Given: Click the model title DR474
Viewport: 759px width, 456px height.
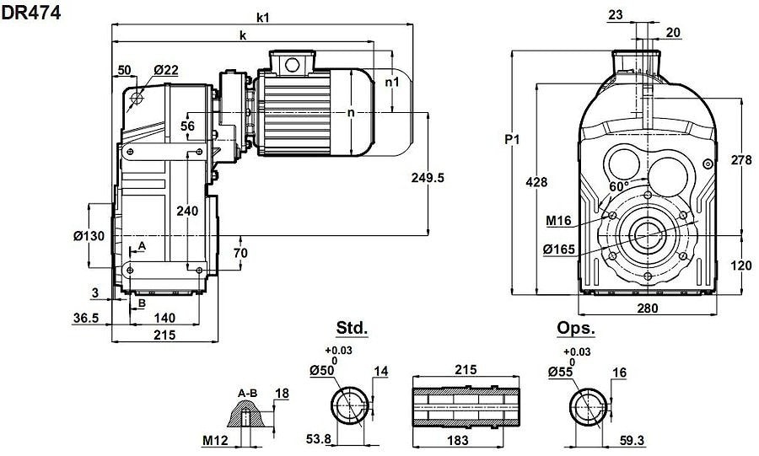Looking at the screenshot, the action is pos(31,13).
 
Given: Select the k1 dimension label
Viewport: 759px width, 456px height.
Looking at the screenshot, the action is pos(263,18).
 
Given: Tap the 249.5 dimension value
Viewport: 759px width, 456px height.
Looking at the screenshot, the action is pos(428,178).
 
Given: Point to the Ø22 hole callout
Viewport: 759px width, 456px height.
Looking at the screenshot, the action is pos(166,70).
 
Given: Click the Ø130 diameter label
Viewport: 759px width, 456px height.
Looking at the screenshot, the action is pos(89,236).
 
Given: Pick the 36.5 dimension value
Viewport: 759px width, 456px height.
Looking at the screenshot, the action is pos(86,318).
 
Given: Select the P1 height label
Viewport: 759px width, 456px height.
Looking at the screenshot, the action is pos(512,140).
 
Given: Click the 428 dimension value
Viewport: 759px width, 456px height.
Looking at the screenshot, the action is pos(537,182).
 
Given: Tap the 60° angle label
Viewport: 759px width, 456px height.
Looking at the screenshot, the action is pos(619,186).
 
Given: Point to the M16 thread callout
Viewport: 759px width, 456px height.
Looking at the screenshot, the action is pos(558,221).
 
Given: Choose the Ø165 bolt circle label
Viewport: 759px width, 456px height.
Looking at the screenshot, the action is pos(559,249).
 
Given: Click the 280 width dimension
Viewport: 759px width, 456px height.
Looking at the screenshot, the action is pos(648,308).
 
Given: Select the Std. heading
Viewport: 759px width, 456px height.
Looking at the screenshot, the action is pos(352,328).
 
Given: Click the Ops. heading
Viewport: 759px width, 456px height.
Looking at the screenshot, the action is pos(575,328).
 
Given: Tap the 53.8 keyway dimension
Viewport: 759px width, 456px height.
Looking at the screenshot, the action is pos(319,439).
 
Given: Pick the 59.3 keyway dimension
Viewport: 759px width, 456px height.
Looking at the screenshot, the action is pos(632,441).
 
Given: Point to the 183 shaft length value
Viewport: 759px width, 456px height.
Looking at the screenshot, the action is pos(457,440).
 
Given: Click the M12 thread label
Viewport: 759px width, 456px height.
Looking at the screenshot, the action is pos(214,441).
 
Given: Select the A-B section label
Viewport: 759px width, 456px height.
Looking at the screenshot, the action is pos(247,394).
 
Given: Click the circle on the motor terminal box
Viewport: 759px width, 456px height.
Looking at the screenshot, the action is pos(292,64).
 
